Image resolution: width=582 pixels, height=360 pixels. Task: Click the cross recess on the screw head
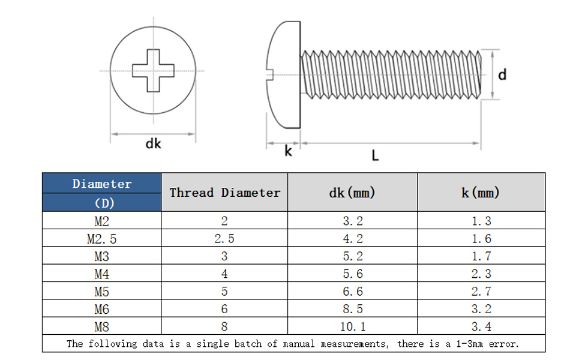coord(153,71)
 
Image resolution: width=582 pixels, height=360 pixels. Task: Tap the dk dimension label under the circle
coord(154,144)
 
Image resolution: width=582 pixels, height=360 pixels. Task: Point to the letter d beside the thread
coord(502,74)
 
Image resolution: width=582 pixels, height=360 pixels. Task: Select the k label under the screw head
coord(288,151)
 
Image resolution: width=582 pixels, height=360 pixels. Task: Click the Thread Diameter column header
coord(224,193)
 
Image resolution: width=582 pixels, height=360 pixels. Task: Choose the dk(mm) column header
coord(352,193)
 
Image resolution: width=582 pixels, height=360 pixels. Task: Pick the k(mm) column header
coord(481,193)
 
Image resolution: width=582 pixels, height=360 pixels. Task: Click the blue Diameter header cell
coord(101,193)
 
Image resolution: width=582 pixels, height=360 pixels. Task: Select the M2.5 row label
coord(101,239)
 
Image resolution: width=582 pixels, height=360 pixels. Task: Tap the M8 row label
coord(101,328)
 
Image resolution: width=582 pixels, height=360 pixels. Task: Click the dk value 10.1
coord(352,328)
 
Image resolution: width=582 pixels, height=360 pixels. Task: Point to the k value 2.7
coord(481,292)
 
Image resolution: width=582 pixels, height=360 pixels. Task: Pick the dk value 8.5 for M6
coord(352,310)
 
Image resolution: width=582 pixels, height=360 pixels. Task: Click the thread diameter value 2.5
coord(224,239)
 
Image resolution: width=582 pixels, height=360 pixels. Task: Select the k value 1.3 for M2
coord(481,221)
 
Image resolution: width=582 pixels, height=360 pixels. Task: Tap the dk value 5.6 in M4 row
coord(352,274)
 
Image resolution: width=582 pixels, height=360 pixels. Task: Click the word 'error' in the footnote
coord(503,344)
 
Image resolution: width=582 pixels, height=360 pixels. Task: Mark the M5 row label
coord(101,292)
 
